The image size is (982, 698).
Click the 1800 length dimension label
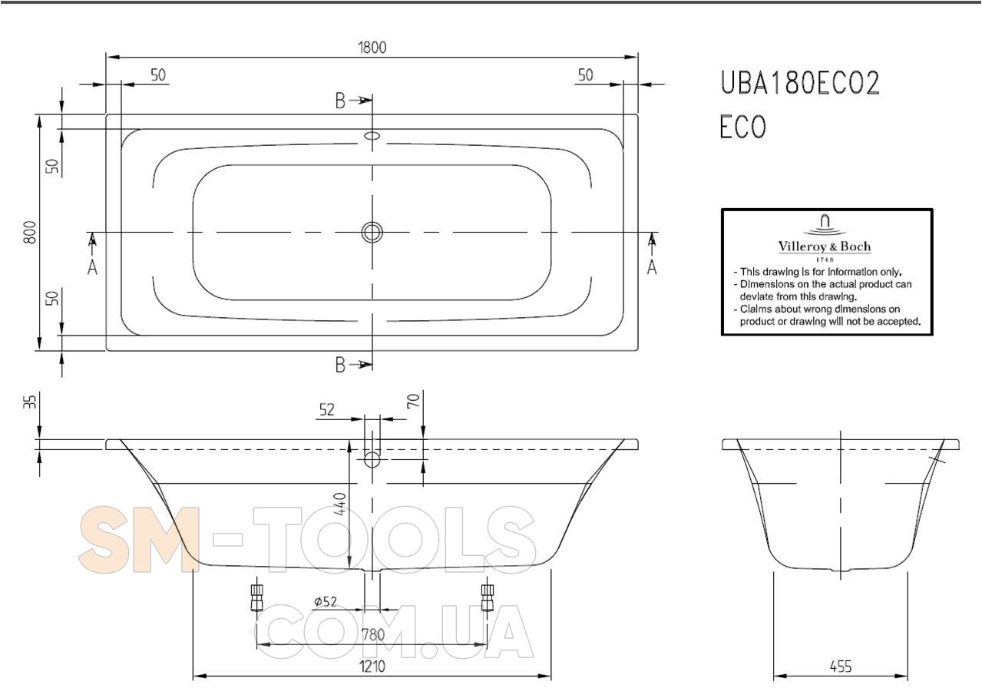coord(372,48)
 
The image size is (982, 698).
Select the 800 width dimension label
coord(30,233)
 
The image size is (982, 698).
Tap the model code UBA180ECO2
coord(800,83)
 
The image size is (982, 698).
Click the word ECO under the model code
coord(742,126)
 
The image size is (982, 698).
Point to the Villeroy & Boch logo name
coord(825,246)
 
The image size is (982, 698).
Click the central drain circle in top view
coord(372,233)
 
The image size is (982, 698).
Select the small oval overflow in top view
coord(372,135)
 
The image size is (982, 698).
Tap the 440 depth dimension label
coord(341,504)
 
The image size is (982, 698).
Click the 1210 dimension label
coord(372,667)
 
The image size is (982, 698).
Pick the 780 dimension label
coord(372,634)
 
